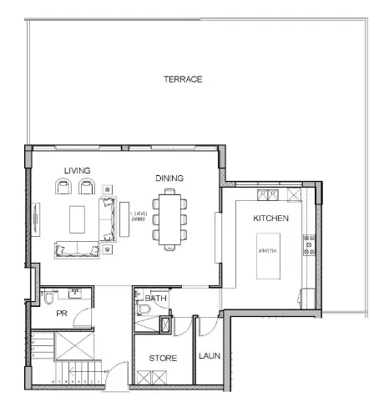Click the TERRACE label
point(183,79)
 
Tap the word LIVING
point(77,170)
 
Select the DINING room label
point(169,178)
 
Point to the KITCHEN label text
point(270,218)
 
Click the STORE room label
point(162,357)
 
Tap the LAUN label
point(209,356)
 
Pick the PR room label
point(61,314)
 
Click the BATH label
point(156,298)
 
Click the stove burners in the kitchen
point(308,244)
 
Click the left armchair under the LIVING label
point(63,187)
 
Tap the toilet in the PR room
point(49,298)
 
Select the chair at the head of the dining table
point(171,193)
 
